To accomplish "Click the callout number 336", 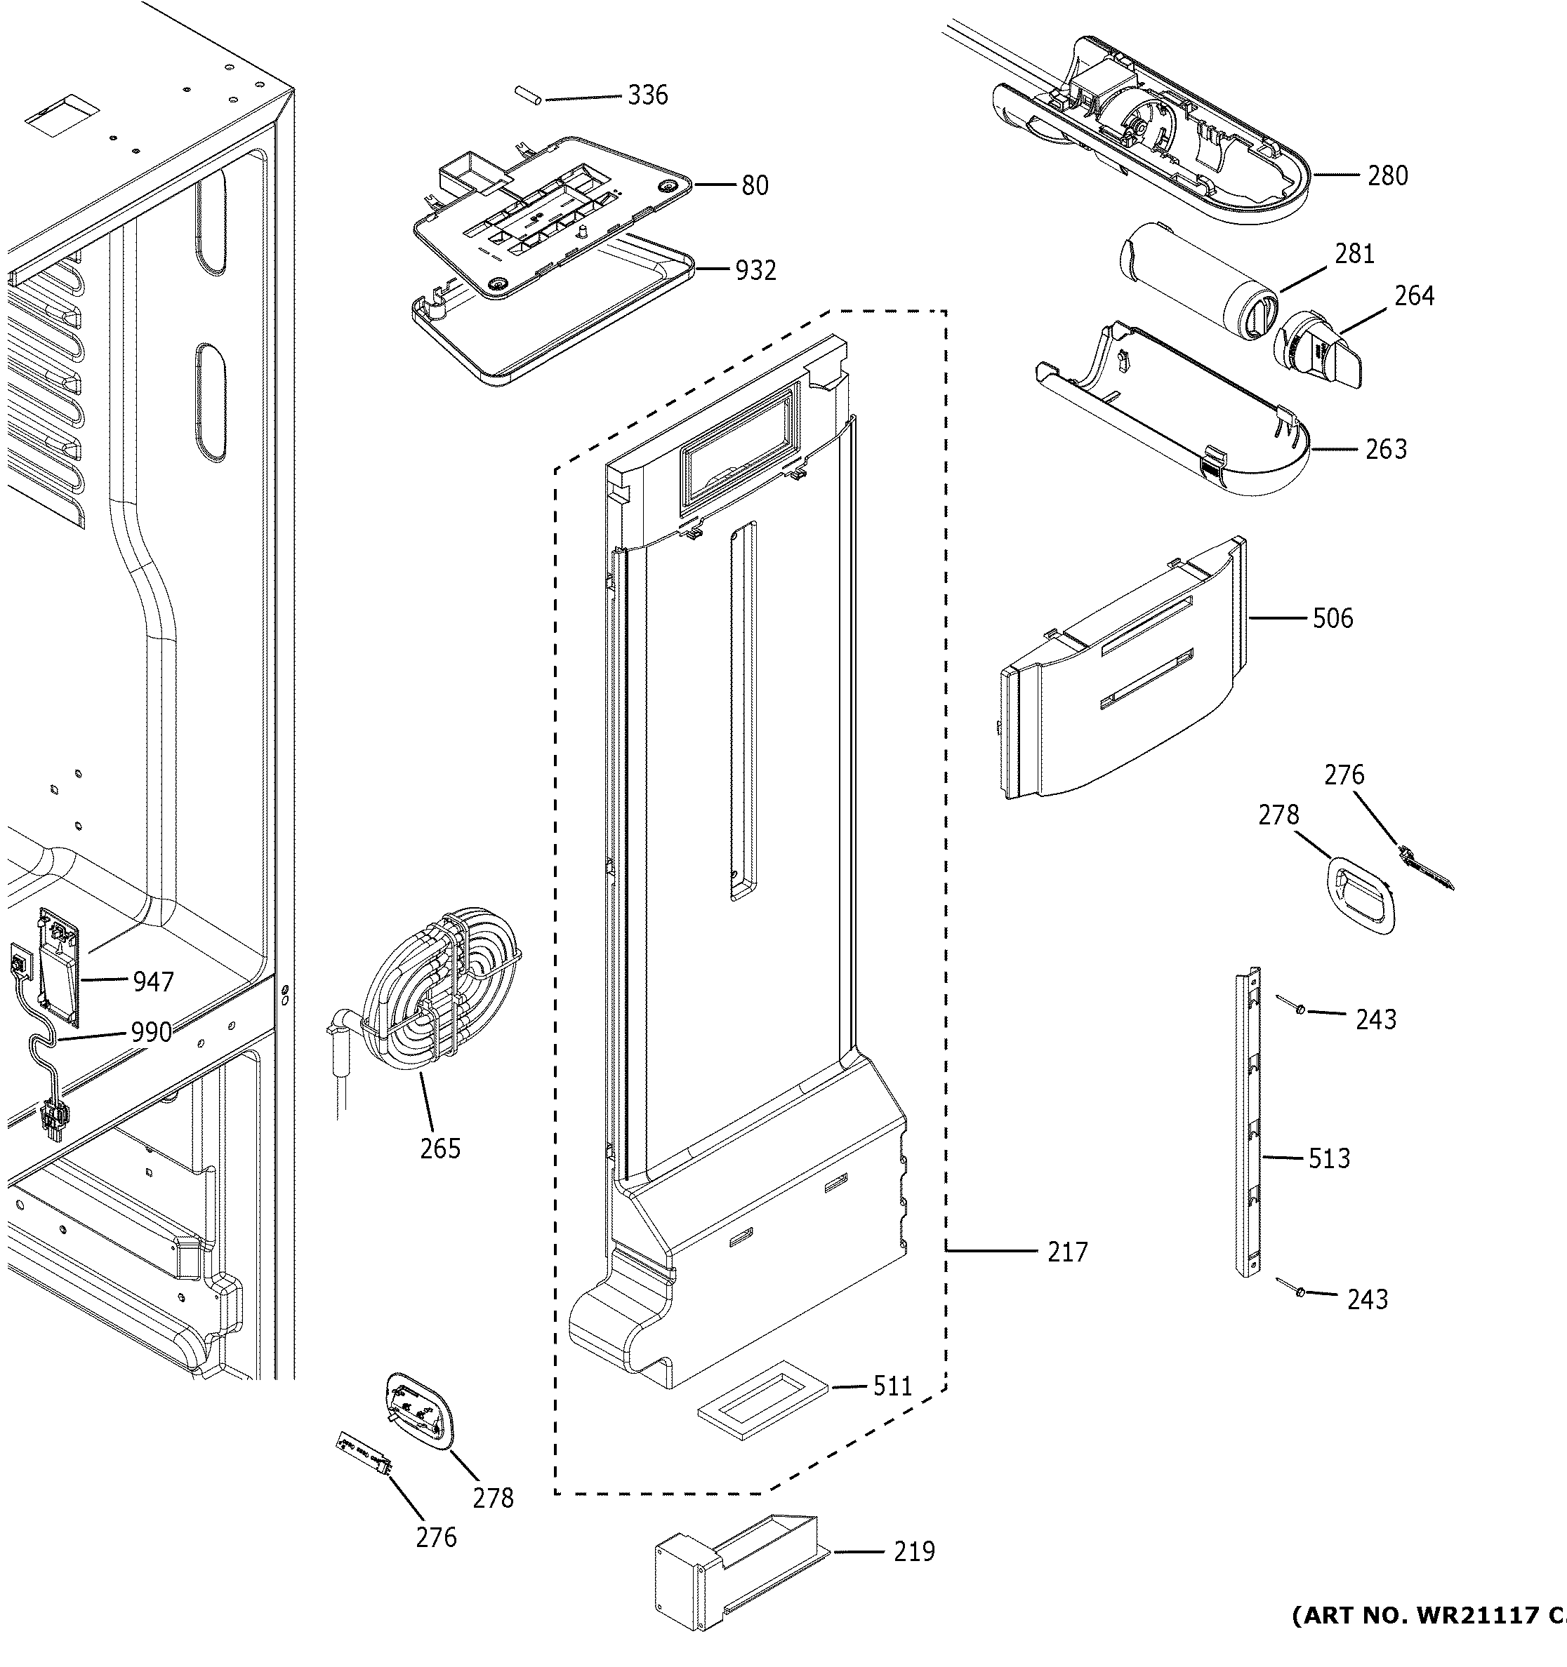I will coord(647,95).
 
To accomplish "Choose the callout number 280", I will coord(1387,176).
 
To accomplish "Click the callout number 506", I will coord(1333,619).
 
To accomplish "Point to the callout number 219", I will coord(913,1552).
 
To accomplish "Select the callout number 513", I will coord(1329,1159).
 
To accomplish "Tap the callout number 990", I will coord(151,1032).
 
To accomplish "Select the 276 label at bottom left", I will coord(436,1538).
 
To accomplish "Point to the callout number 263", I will coord(1386,450).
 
